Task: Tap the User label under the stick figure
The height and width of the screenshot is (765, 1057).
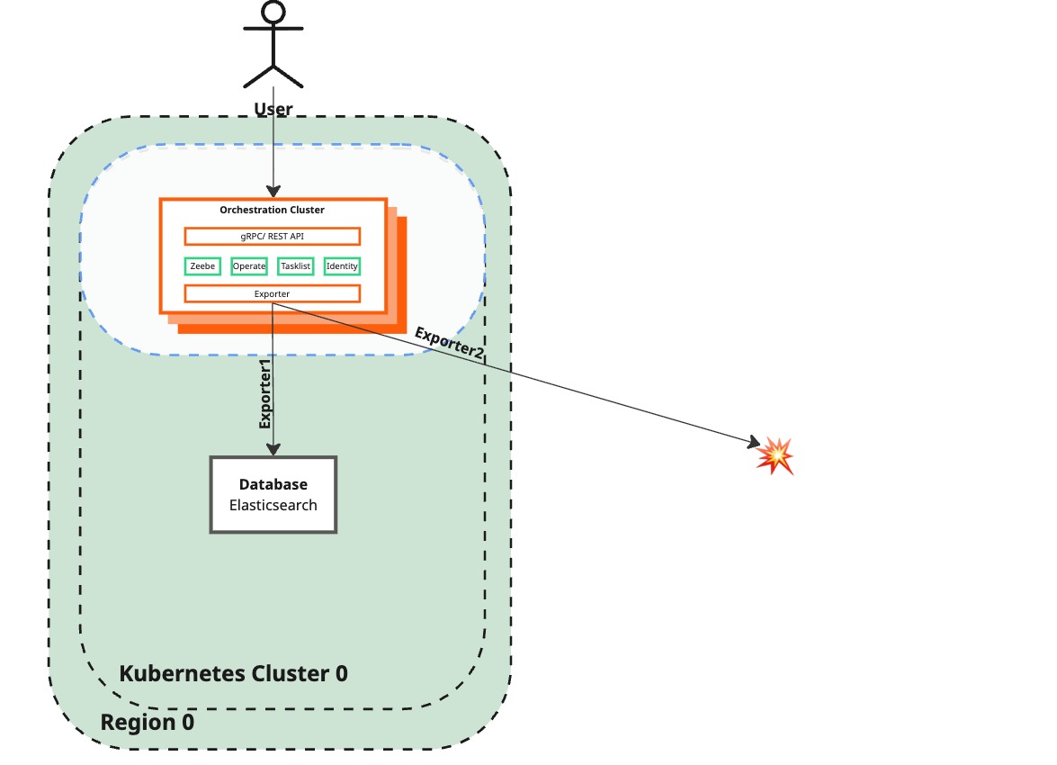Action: (273, 110)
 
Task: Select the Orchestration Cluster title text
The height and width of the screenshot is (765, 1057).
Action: (272, 210)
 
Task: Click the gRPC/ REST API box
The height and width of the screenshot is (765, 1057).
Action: (272, 236)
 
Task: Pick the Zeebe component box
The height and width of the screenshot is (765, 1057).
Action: (202, 265)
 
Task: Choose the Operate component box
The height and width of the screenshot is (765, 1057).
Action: (249, 265)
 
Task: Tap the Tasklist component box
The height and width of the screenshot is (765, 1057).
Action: (295, 265)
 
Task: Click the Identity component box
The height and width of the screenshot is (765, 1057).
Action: (342, 265)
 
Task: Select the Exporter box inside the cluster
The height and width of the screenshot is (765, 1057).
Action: (272, 293)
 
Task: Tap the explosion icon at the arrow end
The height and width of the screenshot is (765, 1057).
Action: (775, 455)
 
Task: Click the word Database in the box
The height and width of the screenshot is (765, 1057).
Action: (273, 485)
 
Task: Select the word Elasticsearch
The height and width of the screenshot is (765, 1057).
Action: (273, 505)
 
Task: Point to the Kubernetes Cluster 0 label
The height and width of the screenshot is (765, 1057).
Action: (233, 673)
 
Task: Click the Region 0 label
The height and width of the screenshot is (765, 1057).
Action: (147, 723)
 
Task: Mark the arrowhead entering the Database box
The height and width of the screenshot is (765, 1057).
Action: (273, 449)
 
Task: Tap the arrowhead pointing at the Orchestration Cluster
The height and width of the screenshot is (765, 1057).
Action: (273, 191)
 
